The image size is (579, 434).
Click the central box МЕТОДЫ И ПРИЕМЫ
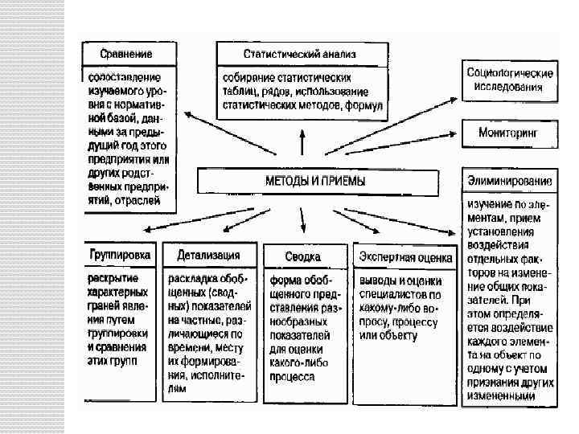315,181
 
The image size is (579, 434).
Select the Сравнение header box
126,54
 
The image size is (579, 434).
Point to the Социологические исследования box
509,80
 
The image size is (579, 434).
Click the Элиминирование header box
508,179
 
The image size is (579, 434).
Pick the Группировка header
120,255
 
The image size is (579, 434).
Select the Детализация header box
210,255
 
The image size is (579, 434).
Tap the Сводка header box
304,256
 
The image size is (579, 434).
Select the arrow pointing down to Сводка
303,219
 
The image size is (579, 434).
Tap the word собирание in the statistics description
248,77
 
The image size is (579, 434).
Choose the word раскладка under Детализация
192,279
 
